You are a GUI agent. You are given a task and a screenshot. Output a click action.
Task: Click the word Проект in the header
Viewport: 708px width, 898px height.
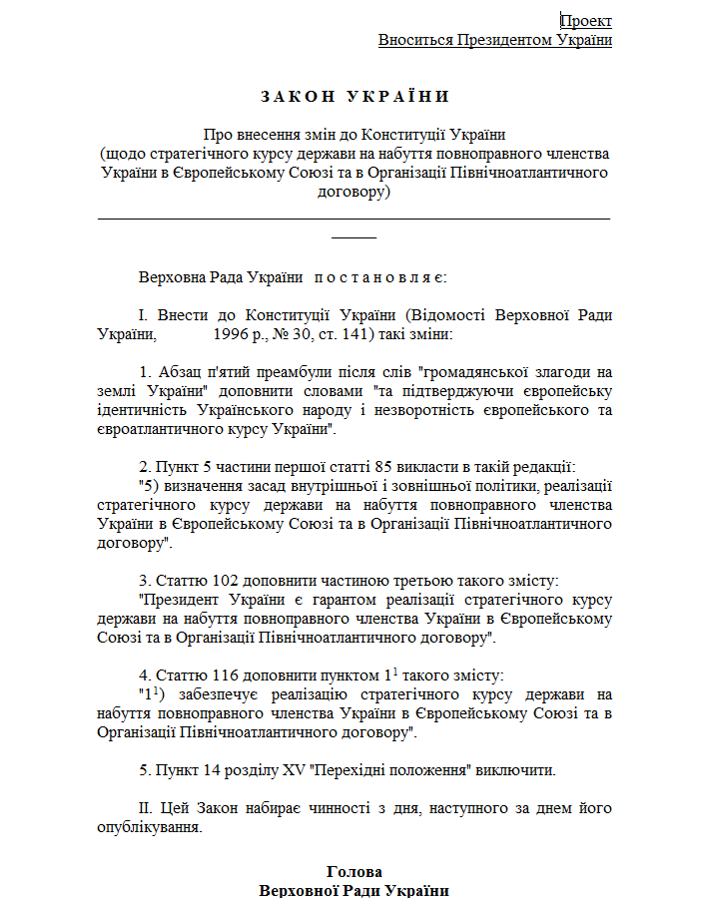(x=587, y=21)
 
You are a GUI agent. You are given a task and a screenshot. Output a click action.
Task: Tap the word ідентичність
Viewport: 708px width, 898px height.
(x=147, y=410)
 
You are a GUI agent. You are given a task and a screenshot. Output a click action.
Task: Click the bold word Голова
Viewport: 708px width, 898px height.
(x=354, y=871)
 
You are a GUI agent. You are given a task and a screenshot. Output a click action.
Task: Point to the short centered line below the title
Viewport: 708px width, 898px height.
(x=354, y=237)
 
